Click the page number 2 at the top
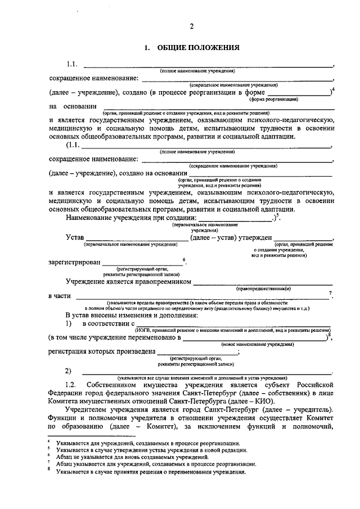pyautogui.click(x=191, y=26)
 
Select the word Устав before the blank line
pyautogui.click(x=74, y=238)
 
